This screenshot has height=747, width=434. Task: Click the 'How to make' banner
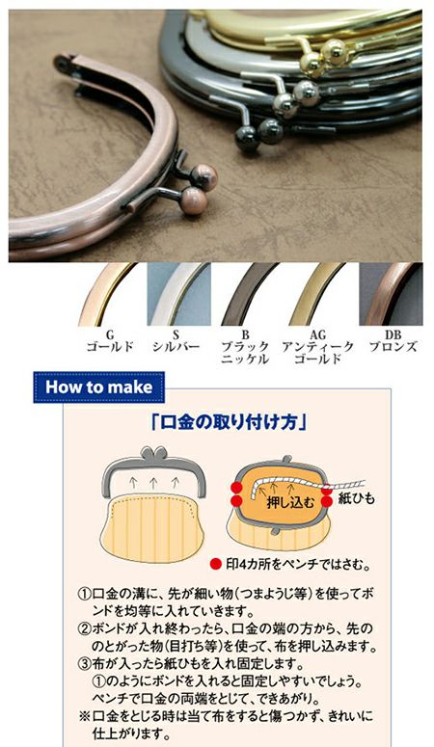(x=98, y=387)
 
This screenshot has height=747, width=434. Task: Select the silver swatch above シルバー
(x=178, y=294)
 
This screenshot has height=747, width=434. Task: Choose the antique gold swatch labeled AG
(x=318, y=294)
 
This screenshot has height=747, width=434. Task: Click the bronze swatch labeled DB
(x=391, y=294)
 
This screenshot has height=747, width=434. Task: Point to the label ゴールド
(x=110, y=346)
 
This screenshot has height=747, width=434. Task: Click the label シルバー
(x=176, y=346)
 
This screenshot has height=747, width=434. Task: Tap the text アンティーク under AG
(x=317, y=346)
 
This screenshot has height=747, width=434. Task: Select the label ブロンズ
(x=393, y=346)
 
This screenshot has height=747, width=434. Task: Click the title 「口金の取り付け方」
(x=228, y=422)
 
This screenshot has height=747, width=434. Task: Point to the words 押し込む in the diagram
(x=290, y=502)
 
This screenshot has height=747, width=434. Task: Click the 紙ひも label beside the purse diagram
(x=357, y=498)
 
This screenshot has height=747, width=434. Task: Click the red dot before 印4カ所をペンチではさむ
(x=217, y=564)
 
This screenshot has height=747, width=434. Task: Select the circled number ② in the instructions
(x=85, y=627)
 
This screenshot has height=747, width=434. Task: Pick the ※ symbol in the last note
(x=85, y=716)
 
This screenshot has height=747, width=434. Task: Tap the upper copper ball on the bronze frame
(x=204, y=176)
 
